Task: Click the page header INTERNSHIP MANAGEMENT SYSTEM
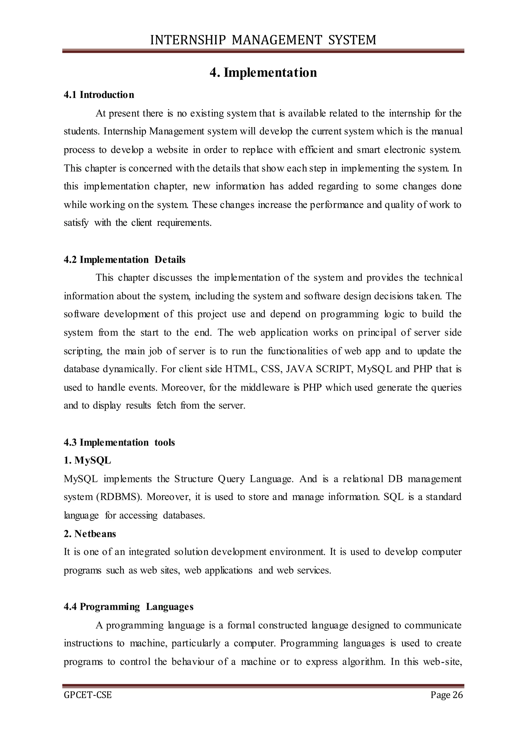click(x=263, y=40)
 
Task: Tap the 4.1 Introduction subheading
click(x=99, y=95)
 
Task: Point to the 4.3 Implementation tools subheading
click(x=119, y=442)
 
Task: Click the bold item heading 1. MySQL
click(x=87, y=460)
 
